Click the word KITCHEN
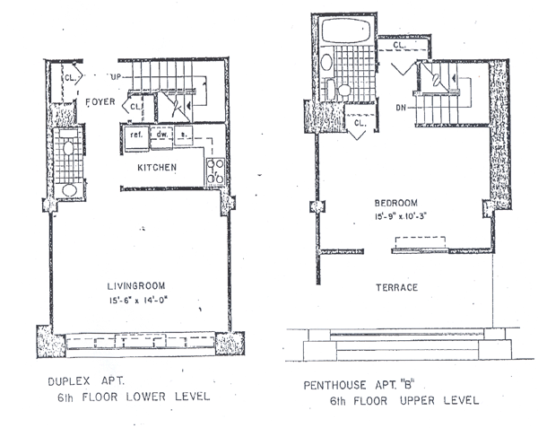click(x=156, y=168)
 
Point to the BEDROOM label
click(x=393, y=204)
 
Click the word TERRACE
click(x=403, y=287)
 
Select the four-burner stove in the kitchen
click(x=215, y=170)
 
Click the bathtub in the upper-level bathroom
click(x=343, y=34)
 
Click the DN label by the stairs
click(x=401, y=107)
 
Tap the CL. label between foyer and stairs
click(x=135, y=108)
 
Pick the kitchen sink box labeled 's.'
click(x=184, y=135)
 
